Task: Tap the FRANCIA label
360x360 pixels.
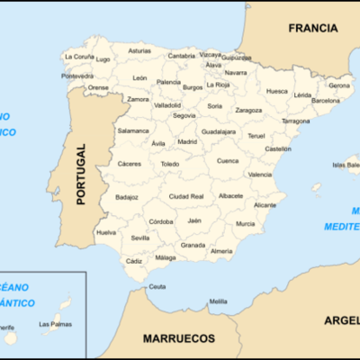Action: [311, 28]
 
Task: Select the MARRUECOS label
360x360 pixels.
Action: [178, 338]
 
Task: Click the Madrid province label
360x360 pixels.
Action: [187, 141]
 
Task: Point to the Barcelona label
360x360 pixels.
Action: [325, 101]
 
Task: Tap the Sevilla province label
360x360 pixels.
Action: [140, 238]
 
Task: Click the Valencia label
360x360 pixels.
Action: [259, 174]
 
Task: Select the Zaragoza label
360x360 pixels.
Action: [248, 110]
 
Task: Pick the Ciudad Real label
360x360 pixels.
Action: [185, 195]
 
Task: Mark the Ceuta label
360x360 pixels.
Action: [157, 286]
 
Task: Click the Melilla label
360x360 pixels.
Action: [218, 301]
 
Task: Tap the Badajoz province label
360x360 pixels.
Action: [127, 196]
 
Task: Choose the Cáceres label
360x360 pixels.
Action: [130, 164]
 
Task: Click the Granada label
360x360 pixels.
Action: [193, 244]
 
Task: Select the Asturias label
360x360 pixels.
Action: [139, 51]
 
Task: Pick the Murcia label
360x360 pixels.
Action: [245, 223]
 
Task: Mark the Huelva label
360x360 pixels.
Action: [106, 231]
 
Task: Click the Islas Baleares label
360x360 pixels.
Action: [346, 165]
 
